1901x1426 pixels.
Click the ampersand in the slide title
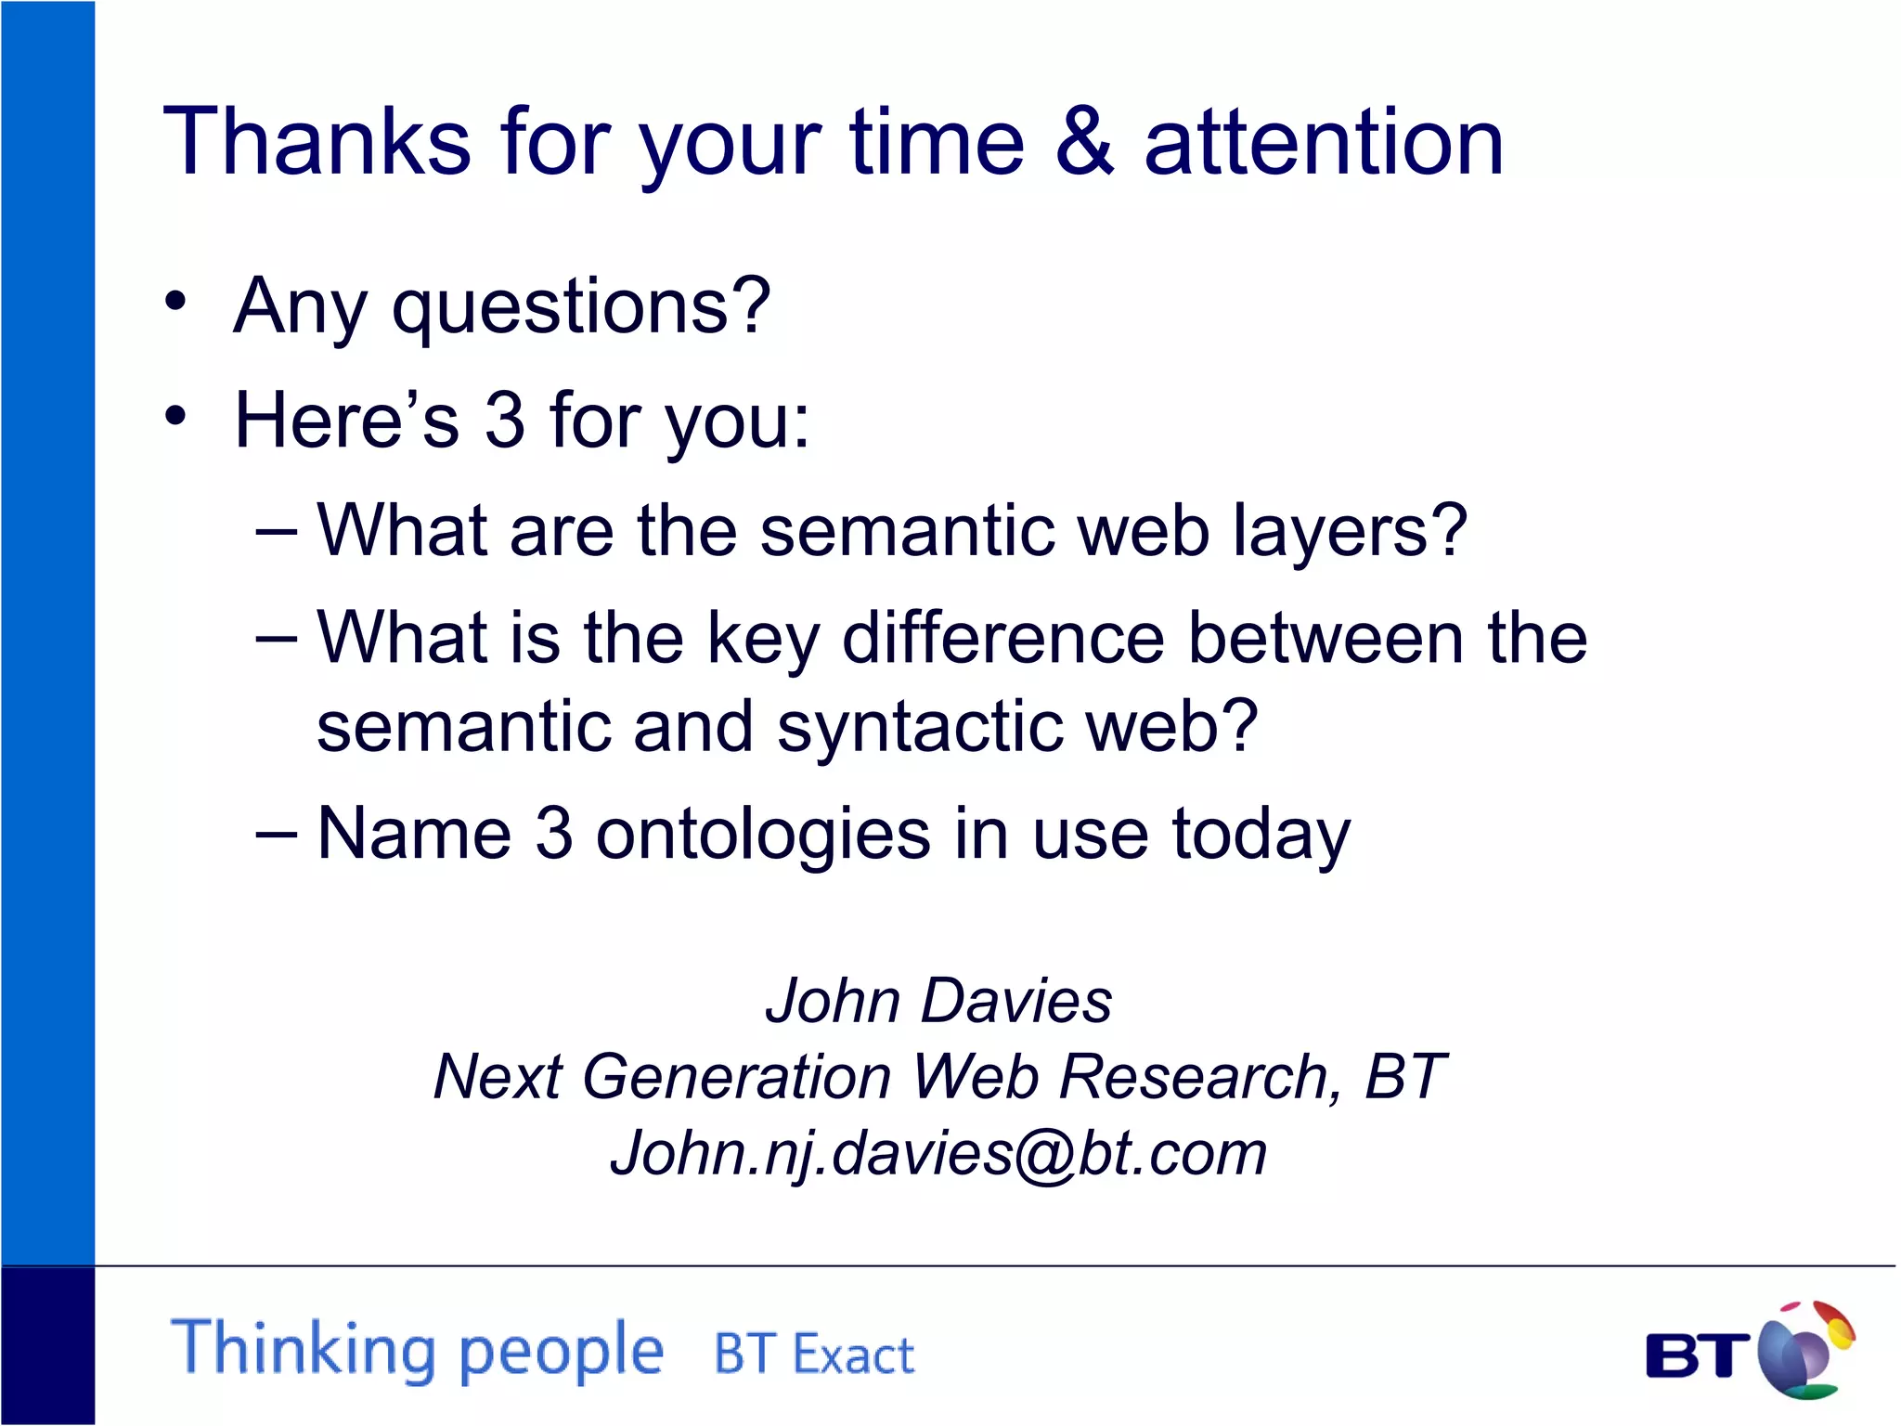point(1084,142)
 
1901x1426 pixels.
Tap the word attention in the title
point(1324,142)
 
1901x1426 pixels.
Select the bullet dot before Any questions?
point(175,301)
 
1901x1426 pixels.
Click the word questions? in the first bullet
point(581,308)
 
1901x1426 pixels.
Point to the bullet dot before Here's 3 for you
point(175,415)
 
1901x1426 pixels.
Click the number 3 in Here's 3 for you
point(505,420)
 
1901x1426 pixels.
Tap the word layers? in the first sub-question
point(1349,532)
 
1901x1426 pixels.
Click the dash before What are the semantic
point(277,532)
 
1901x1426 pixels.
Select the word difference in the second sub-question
point(1002,639)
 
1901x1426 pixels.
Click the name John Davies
point(938,1001)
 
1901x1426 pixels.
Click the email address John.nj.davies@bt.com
point(938,1154)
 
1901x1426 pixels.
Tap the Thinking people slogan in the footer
point(418,1350)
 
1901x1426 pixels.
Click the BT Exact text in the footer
point(814,1355)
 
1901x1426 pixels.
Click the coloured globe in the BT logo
point(1804,1351)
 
